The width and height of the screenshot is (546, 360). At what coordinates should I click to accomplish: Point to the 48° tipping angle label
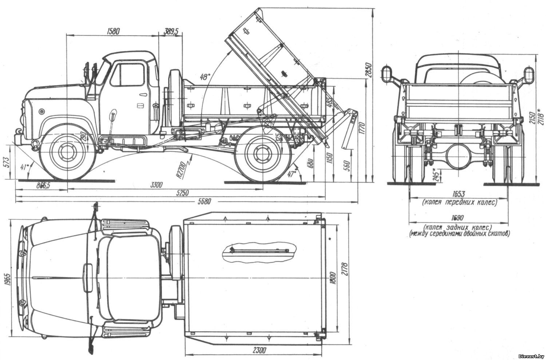tap(205, 77)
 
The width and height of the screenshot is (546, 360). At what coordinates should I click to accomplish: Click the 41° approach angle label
tap(25, 167)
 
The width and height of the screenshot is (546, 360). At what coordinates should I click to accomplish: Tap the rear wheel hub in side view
tap(260, 153)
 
